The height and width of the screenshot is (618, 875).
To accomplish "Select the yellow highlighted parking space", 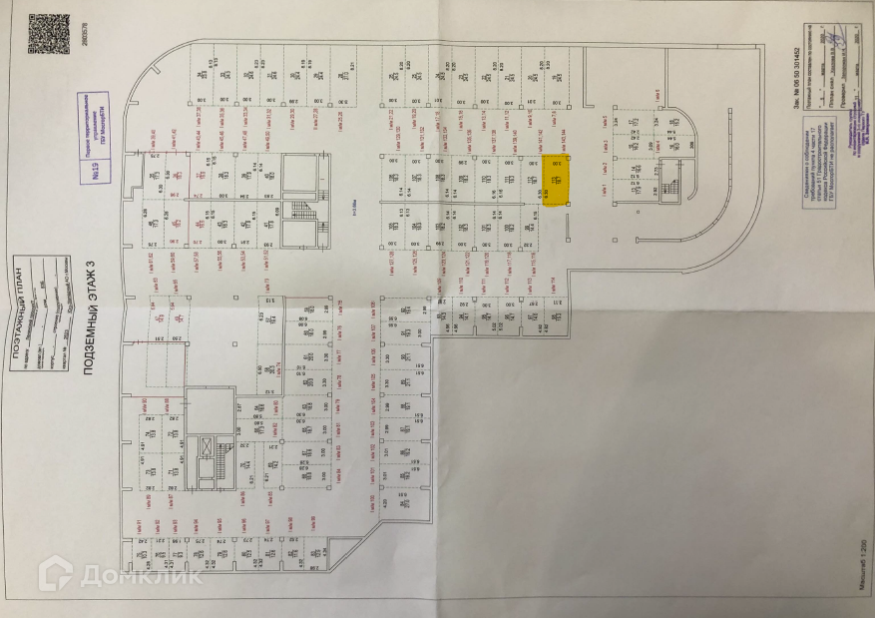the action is click(557, 180).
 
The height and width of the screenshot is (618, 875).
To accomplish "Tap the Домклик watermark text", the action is click(150, 575).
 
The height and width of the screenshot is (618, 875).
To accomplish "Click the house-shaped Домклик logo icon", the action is click(54, 573).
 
